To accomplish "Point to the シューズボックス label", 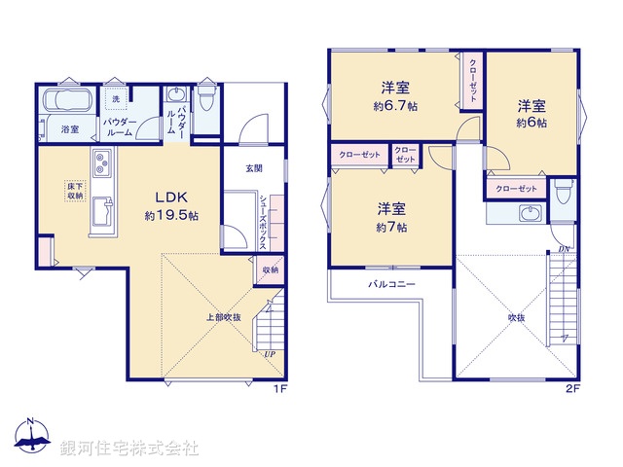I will point(264,219).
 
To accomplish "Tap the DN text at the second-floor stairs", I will point(564,249).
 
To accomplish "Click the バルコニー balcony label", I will point(391,285).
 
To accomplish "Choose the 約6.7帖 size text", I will point(395,105).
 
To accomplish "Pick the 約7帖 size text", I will point(392,227).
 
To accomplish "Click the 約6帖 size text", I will point(531,124).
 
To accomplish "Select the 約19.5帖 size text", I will point(171,215).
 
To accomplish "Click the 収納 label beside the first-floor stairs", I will point(271,269).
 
